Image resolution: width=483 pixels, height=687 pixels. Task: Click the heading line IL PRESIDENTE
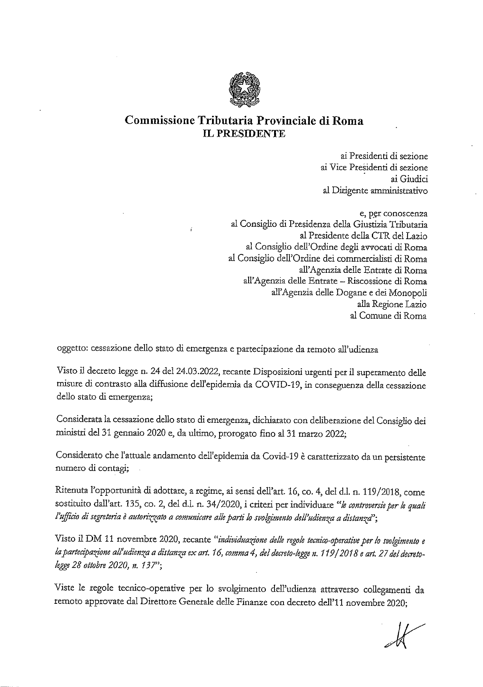[x=244, y=134]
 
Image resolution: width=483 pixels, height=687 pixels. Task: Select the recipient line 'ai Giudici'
[x=410, y=179]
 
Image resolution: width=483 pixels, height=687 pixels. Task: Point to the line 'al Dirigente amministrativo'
[x=375, y=190]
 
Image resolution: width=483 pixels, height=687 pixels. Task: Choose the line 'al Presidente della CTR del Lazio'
[x=363, y=236]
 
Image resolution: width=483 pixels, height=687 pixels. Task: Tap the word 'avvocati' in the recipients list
[x=371, y=247]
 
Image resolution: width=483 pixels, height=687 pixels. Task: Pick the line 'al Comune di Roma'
[x=388, y=316]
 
